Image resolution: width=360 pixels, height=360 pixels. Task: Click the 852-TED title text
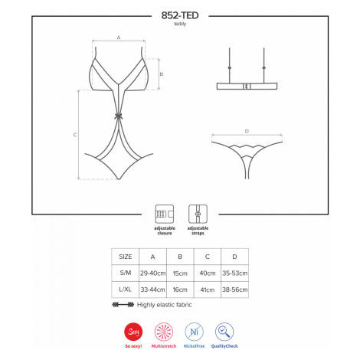pos(180,15)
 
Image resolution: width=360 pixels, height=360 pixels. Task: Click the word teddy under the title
pos(180,24)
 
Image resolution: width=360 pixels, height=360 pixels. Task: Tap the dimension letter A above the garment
pos(119,38)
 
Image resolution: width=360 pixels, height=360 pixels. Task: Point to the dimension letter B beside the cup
pos(162,74)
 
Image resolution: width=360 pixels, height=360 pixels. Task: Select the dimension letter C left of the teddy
pos(75,135)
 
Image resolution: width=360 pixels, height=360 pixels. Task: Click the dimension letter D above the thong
pos(247,131)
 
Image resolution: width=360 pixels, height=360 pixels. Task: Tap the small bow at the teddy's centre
pos(119,116)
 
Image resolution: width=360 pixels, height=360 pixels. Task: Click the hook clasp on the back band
pos(247,87)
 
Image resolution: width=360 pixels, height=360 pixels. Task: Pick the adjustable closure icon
pos(165,214)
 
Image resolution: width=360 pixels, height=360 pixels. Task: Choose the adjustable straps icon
pos(198,214)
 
